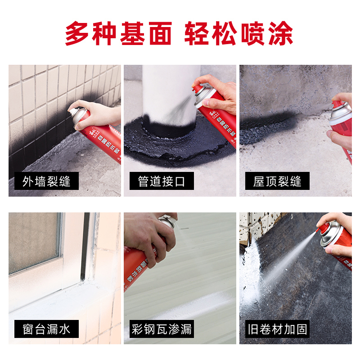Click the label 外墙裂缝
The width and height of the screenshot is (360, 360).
click(x=46, y=181)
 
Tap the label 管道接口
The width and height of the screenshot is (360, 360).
click(x=162, y=181)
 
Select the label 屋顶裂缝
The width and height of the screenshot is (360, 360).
click(x=277, y=181)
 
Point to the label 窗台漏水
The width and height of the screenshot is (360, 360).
click(x=46, y=329)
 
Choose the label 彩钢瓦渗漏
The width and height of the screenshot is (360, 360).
click(x=162, y=329)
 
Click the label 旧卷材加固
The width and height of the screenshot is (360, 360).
click(x=277, y=329)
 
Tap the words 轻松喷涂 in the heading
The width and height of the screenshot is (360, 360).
click(x=239, y=33)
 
